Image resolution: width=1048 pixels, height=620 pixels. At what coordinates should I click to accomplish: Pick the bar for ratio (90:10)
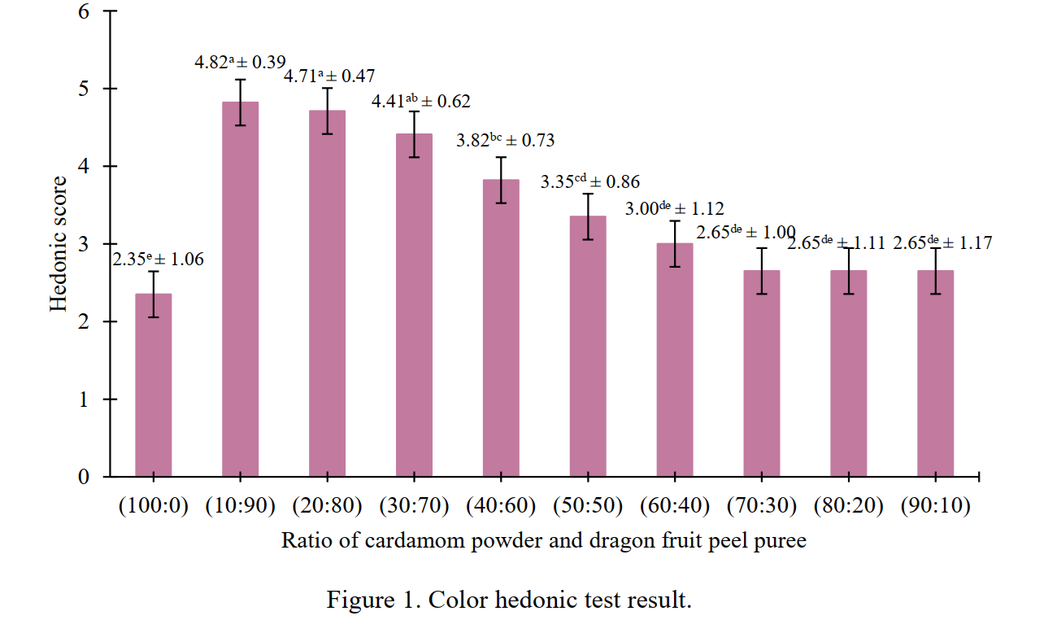pos(935,373)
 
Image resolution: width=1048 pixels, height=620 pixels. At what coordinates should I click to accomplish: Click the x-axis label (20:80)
pos(327,505)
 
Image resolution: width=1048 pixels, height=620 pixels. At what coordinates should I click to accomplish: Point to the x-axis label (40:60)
pos(501,505)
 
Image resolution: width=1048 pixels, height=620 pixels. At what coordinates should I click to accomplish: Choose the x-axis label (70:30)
pos(762,505)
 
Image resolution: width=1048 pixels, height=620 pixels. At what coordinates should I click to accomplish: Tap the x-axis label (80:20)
pos(849,505)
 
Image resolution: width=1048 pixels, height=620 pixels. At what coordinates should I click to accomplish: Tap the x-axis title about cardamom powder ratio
pos(544,540)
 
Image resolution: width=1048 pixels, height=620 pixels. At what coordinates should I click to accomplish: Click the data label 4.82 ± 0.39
pos(246,62)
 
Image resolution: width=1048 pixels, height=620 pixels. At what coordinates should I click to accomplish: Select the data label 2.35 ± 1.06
pos(158,260)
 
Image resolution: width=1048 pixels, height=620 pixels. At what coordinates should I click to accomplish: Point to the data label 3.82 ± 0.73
pos(505,140)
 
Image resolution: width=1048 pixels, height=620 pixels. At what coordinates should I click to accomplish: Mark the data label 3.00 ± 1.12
pos(674,209)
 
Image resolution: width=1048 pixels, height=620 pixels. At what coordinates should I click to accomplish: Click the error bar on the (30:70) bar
pos(414,134)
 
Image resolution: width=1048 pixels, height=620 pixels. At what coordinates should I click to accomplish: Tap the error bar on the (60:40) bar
pos(675,244)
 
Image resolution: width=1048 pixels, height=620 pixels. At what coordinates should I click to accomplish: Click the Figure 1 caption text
pos(509,600)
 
